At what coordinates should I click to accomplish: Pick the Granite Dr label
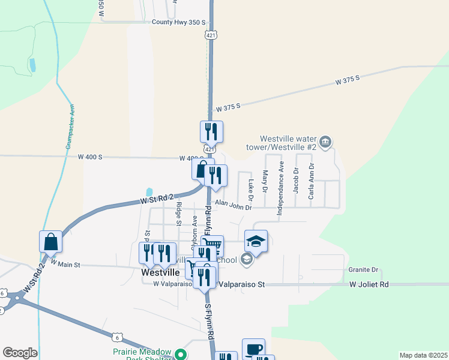363,270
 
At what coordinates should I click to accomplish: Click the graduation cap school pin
256,242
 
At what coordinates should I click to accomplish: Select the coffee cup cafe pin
253,349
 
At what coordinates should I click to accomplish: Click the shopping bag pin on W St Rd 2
51,242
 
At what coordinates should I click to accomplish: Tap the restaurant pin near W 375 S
211,131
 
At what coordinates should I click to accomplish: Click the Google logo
20,353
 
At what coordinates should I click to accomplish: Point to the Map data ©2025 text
423,355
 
